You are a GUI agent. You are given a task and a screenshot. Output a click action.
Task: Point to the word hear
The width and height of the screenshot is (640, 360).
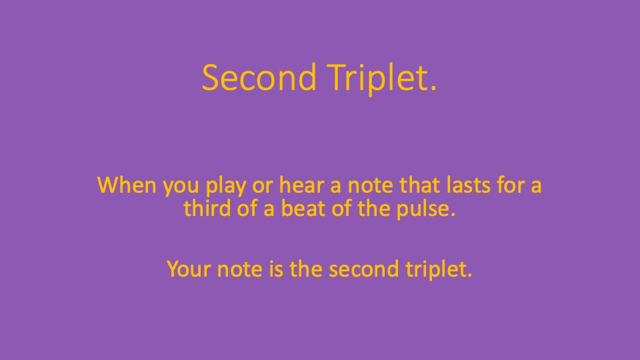(283, 185)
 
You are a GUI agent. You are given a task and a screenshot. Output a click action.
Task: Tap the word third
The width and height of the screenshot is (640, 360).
(205, 208)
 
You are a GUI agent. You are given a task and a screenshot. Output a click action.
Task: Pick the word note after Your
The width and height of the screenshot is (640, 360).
(231, 269)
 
